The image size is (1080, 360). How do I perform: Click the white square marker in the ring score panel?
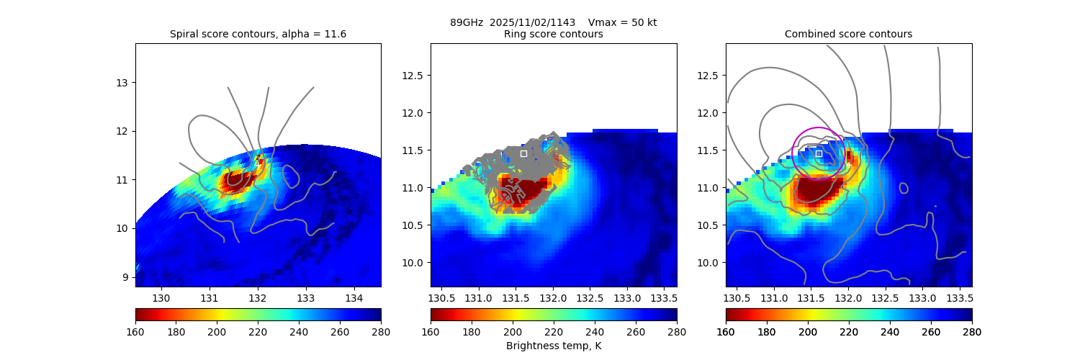click(x=523, y=153)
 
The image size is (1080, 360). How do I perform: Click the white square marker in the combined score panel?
click(x=819, y=153)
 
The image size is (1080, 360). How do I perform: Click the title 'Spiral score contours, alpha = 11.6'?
click(x=258, y=34)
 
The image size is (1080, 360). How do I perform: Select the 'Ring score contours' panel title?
click(x=553, y=34)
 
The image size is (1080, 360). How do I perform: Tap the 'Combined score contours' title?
click(x=848, y=34)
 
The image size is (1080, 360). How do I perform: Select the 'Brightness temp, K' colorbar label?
click(x=553, y=346)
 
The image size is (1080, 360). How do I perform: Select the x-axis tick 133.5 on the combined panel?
click(x=960, y=298)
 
